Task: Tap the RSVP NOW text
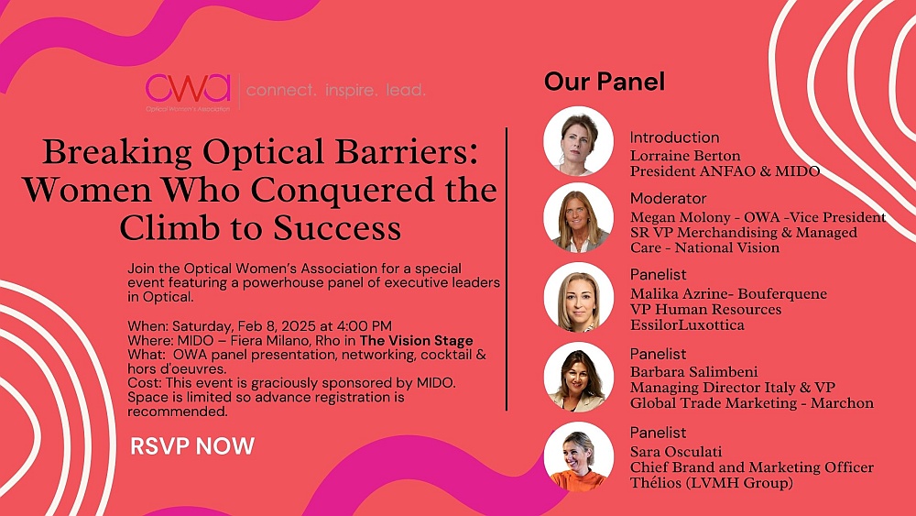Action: click(x=192, y=445)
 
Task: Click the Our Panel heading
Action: click(x=604, y=82)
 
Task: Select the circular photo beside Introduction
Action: click(x=578, y=141)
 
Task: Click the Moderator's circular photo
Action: click(x=578, y=217)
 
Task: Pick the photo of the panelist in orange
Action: click(x=578, y=456)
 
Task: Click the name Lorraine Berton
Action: click(x=684, y=156)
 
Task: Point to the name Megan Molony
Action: click(x=680, y=217)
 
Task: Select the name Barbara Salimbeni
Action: click(x=693, y=372)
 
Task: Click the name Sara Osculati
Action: click(x=676, y=452)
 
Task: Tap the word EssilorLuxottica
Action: click(x=687, y=325)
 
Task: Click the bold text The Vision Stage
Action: click(x=417, y=341)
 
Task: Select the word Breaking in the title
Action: click(x=117, y=153)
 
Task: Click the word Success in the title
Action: click(x=337, y=228)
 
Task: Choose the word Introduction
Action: click(x=674, y=137)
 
